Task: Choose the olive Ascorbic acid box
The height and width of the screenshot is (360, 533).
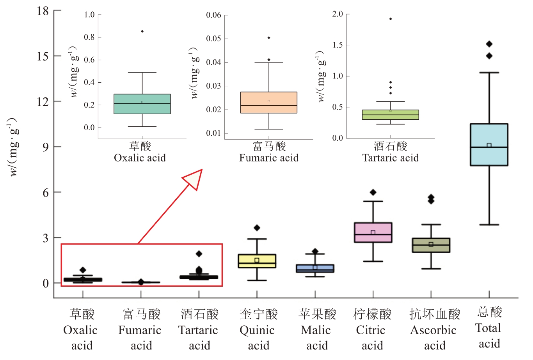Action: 431,248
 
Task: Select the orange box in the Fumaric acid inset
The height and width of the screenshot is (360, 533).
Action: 269,98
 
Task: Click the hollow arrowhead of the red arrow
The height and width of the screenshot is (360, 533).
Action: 194,178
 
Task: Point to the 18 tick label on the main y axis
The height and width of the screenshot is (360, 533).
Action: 43,11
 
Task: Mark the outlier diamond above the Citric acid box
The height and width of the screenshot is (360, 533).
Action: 373,192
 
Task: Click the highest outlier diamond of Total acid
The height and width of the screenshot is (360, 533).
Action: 489,44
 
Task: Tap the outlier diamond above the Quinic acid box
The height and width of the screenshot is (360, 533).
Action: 257,228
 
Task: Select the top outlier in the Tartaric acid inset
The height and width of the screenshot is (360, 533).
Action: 391,19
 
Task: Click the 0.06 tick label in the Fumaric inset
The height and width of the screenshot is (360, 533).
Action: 213,15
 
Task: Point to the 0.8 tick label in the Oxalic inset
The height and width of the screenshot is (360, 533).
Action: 89,37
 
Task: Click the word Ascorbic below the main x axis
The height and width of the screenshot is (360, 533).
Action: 433,330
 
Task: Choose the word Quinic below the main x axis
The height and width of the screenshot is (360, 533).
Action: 257,330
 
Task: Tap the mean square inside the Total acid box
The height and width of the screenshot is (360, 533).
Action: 489,145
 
